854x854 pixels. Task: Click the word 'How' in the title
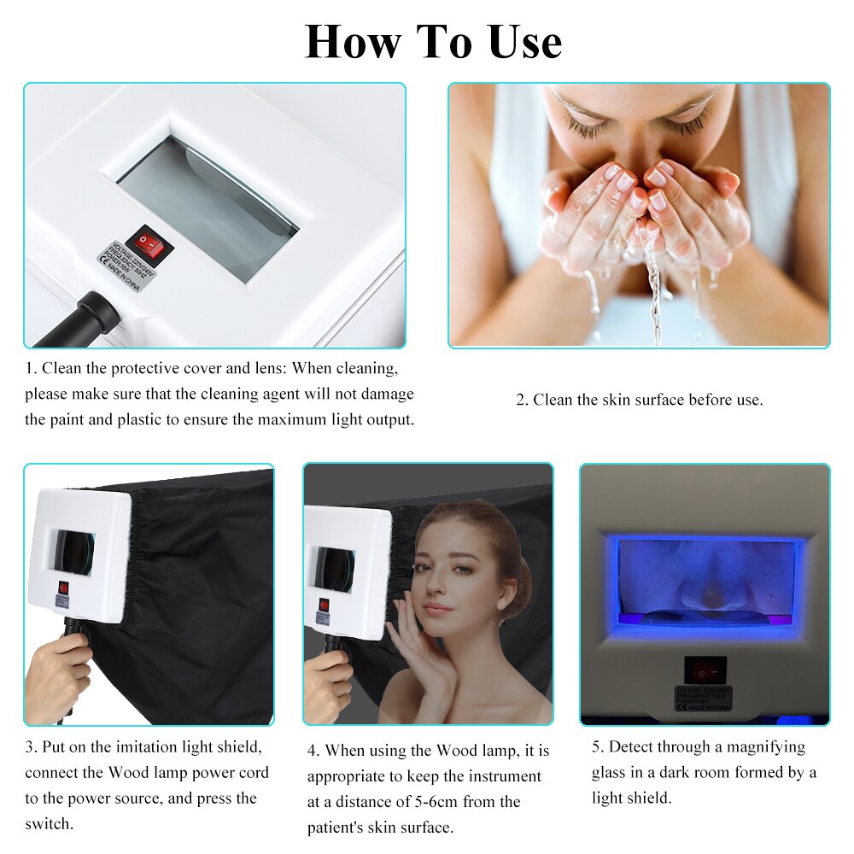tap(353, 42)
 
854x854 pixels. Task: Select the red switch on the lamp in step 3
tap(63, 588)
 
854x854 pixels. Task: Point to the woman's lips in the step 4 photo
tap(437, 609)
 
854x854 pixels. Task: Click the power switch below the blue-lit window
tap(705, 670)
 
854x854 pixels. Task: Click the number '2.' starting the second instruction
tap(522, 400)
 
